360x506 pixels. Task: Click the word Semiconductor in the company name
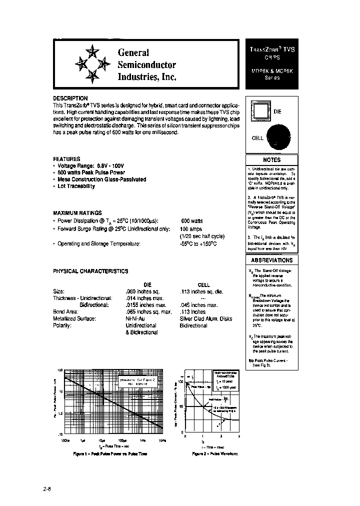click(x=146, y=64)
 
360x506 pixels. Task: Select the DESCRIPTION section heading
click(x=70, y=98)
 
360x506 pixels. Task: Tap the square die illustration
click(x=260, y=111)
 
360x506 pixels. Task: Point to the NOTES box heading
click(x=271, y=159)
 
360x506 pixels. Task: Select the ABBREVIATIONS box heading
click(x=271, y=260)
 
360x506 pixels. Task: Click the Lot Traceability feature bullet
click(x=75, y=186)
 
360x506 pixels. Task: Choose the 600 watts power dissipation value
click(x=191, y=220)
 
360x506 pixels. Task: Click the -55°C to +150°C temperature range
click(x=198, y=243)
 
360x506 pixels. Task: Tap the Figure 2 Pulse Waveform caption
click(x=215, y=453)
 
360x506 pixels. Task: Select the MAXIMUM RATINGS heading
click(x=77, y=212)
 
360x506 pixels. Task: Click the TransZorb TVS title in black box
click(x=272, y=50)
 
